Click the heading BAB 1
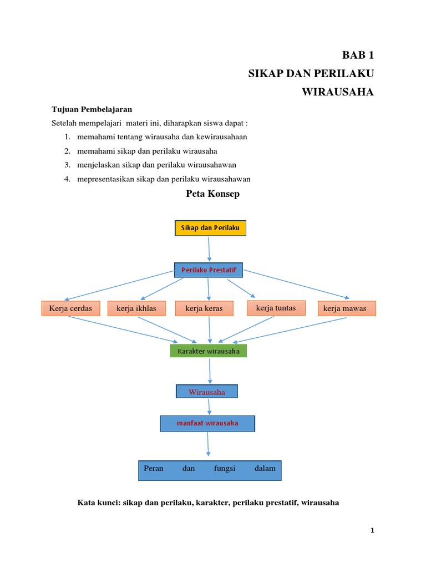pyautogui.click(x=358, y=55)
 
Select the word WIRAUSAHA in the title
pyautogui.click(x=338, y=92)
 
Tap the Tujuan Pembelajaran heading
pyautogui.click(x=92, y=109)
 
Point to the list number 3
pyautogui.click(x=66, y=165)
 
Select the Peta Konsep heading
pyautogui.click(x=211, y=194)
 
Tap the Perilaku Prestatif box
pyautogui.click(x=209, y=270)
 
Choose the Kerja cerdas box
pyautogui.click(x=70, y=308)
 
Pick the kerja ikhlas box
pyautogui.click(x=136, y=308)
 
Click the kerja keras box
pyautogui.click(x=204, y=308)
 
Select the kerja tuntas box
pyautogui.click(x=276, y=308)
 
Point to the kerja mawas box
pyautogui.click(x=347, y=308)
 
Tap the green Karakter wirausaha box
pyautogui.click(x=209, y=351)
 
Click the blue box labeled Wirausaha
pyautogui.click(x=207, y=392)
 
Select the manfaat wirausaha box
pyautogui.click(x=207, y=423)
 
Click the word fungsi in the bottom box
pyautogui.click(x=225, y=469)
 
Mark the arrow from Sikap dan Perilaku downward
pyautogui.click(x=209, y=249)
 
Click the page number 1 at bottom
pyautogui.click(x=373, y=531)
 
